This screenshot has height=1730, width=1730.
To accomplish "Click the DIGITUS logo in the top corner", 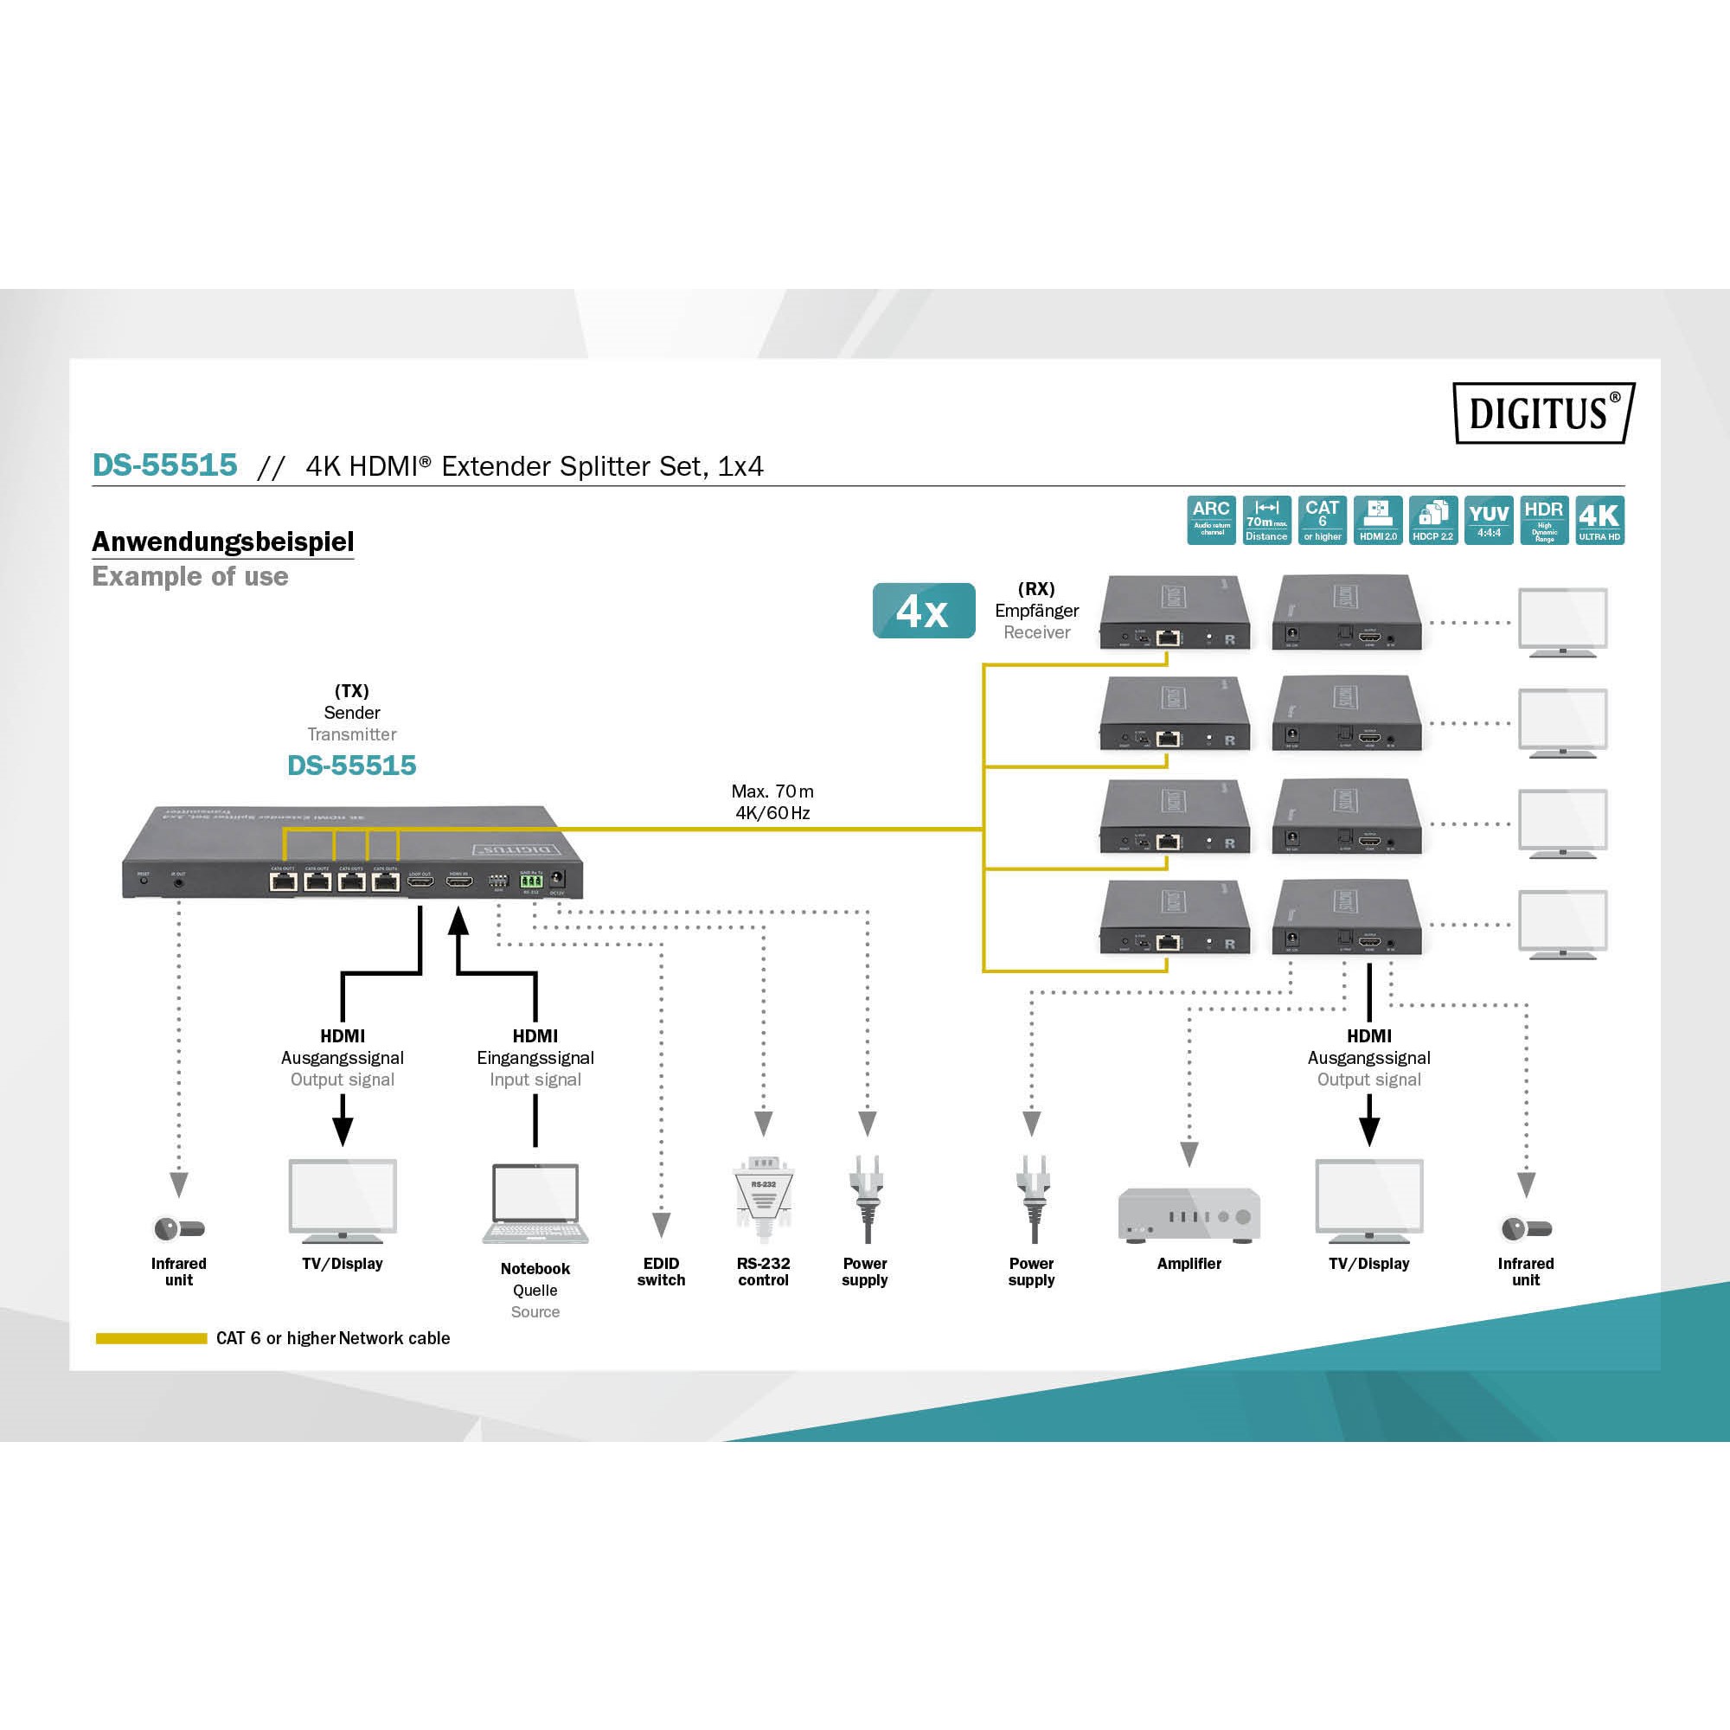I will pos(1543,413).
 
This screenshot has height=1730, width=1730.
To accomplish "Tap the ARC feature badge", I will pos(1211,519).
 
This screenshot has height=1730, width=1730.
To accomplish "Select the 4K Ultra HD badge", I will pos(1599,519).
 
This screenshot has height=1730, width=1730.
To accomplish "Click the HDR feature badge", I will pos(1544,519).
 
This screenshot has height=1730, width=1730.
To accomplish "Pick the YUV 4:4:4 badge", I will pos(1488,519).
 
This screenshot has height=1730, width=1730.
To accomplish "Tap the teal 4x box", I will pos(923,611).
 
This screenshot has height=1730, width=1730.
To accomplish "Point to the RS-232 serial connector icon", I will pos(763,1196).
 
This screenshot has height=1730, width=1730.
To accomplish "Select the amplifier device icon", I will pos(1189,1214).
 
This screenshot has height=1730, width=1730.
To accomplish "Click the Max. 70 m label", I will pos(772,791).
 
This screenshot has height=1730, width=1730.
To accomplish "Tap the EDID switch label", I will pos(661,1272).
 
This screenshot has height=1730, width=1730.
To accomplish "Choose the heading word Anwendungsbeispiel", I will pos(223,541).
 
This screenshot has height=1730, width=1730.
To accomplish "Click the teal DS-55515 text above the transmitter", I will pos(352,766).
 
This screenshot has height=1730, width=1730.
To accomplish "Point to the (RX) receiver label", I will pos(1036,589).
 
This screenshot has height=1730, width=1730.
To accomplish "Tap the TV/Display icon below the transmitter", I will pos(342,1201).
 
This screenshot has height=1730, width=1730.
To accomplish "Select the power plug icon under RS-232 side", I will pos(865,1198).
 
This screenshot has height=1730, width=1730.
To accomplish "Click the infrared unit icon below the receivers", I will pos(1526,1228).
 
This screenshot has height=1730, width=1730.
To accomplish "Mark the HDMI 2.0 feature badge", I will pos(1377,519).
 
